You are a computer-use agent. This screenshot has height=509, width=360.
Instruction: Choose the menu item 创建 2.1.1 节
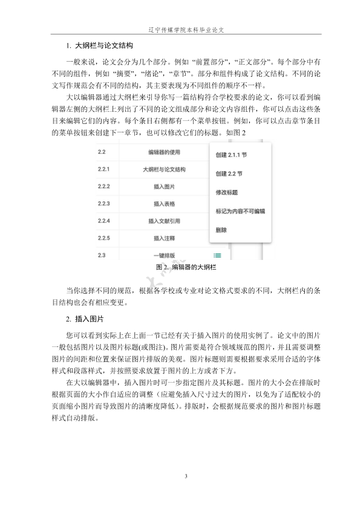pos(231,155)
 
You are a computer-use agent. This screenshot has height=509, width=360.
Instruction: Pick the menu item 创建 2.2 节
pos(229,173)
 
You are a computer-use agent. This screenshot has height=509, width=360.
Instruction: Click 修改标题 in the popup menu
pos(226,192)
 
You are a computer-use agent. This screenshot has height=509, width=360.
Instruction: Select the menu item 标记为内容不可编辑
pos(240,212)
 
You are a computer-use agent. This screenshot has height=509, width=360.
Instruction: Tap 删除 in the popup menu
pos(221,230)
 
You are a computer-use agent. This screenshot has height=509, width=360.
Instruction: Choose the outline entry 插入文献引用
pos(164,222)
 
